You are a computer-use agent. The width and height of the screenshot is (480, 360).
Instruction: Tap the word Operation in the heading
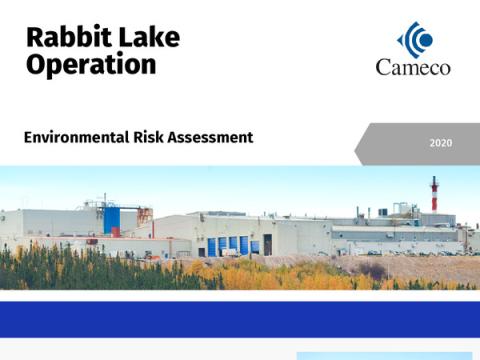(91, 65)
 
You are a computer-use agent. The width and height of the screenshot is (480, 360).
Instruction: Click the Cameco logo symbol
(415, 39)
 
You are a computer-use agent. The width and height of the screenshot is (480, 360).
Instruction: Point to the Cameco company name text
(413, 68)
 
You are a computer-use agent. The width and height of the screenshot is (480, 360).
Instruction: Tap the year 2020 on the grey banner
(440, 143)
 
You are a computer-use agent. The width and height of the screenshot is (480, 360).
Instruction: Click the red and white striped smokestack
(434, 194)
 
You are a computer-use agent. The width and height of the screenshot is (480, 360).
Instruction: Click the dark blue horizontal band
(240, 319)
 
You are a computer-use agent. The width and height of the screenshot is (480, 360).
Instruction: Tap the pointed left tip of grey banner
(357, 143)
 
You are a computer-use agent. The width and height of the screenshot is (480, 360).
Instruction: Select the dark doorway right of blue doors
(267, 245)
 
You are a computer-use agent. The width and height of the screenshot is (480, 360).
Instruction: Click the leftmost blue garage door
(211, 246)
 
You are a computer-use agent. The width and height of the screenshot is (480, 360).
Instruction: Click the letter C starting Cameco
(383, 68)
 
